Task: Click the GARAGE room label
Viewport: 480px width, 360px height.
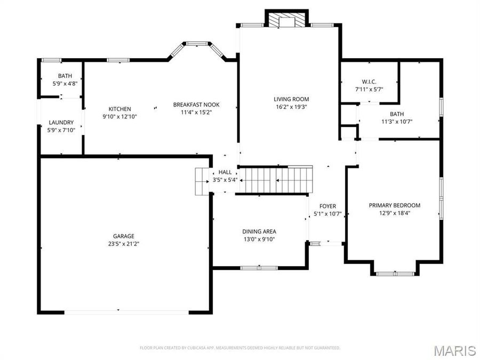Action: point(123,236)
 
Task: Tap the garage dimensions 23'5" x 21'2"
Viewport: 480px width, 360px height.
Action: point(123,244)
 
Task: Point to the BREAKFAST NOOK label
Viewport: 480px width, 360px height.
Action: point(196,105)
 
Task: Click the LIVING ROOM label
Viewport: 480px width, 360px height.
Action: point(291,99)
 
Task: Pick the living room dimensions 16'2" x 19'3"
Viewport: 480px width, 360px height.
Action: point(291,107)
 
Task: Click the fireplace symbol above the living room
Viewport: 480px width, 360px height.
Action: point(287,20)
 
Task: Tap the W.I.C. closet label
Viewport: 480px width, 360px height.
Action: point(369,82)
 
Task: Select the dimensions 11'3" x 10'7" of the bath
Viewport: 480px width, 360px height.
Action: point(397,122)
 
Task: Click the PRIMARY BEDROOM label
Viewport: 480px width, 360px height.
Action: point(395,205)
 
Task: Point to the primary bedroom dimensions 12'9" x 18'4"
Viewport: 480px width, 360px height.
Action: point(395,213)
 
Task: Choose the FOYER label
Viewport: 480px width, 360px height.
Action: point(327,206)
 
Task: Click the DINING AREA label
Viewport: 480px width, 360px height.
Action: point(259,231)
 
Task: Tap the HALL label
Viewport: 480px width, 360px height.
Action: point(225,172)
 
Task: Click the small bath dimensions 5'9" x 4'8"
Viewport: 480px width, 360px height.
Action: point(62,84)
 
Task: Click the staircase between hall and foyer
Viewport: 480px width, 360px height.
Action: point(275,180)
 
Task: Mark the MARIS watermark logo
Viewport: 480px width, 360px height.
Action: point(454,350)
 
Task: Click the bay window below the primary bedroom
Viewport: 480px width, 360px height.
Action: point(395,273)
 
